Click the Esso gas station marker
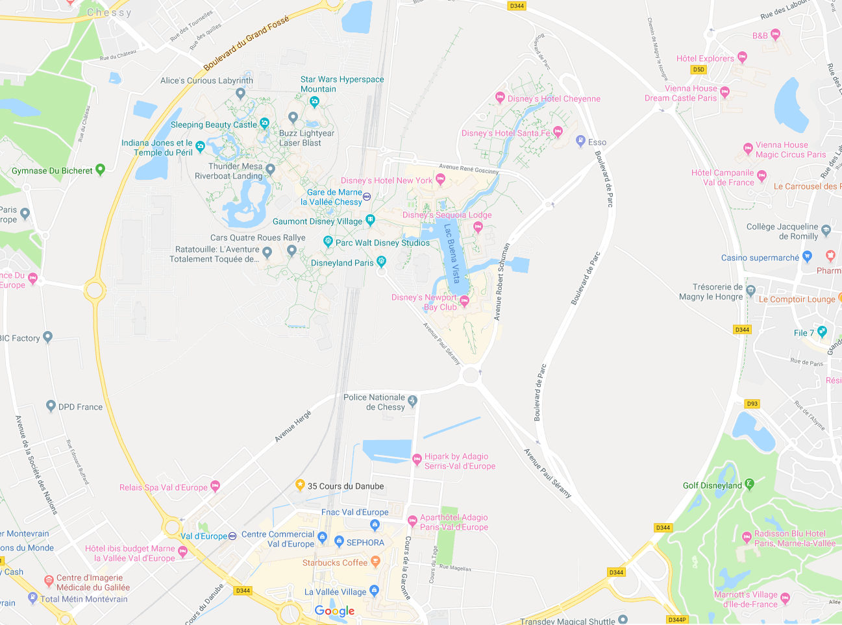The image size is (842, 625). pyautogui.click(x=581, y=141)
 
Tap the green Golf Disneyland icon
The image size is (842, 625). pyautogui.click(x=750, y=484)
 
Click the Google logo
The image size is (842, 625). pyautogui.click(x=334, y=611)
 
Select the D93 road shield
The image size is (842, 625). pyautogui.click(x=752, y=404)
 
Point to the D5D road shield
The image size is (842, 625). pyautogui.click(x=699, y=69)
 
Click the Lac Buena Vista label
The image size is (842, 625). pyautogui.click(x=452, y=253)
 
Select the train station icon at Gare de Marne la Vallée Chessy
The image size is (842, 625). pyautogui.click(x=367, y=197)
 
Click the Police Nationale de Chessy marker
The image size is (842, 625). pyautogui.click(x=412, y=400)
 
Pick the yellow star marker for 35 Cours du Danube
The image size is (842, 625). pyautogui.click(x=300, y=484)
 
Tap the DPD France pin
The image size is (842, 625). pyautogui.click(x=51, y=406)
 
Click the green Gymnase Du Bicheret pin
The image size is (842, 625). pyautogui.click(x=100, y=169)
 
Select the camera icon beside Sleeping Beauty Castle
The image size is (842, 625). pyautogui.click(x=264, y=123)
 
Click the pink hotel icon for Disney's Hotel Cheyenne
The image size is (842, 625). pyautogui.click(x=500, y=97)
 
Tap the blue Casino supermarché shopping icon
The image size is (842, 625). pyautogui.click(x=807, y=256)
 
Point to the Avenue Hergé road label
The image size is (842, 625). pyautogui.click(x=293, y=427)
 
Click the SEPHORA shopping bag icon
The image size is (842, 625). pyautogui.click(x=339, y=541)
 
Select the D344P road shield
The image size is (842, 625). pyautogui.click(x=677, y=619)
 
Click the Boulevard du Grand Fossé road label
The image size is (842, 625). pyautogui.click(x=246, y=43)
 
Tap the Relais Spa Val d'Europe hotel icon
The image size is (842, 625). pyautogui.click(x=216, y=485)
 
